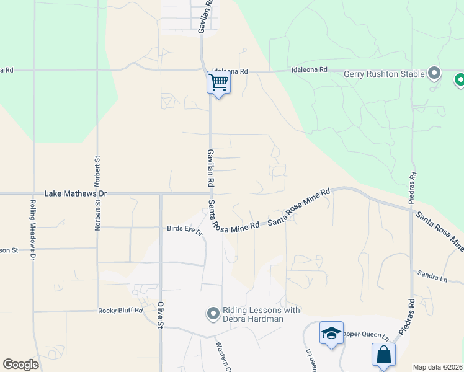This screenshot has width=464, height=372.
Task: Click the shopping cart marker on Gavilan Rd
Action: tap(218, 82)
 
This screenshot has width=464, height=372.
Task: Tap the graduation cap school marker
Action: tap(331, 334)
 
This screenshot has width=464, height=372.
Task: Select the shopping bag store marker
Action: tap(383, 356)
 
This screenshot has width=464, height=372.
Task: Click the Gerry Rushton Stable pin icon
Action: tap(435, 74)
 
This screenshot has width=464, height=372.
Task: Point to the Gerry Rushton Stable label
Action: tap(385, 74)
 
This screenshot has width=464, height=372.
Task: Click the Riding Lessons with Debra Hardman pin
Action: tap(213, 314)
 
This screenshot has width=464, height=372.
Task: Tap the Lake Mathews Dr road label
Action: tap(76, 194)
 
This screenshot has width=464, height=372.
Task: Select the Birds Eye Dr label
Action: tap(185, 229)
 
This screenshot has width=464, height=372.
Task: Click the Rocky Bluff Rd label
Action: tap(120, 311)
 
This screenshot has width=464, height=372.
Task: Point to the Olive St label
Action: tap(160, 314)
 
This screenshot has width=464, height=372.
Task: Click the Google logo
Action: tap(20, 365)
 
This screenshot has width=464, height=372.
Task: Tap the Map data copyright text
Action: tap(437, 367)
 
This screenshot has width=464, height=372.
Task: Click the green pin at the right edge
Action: tap(460, 80)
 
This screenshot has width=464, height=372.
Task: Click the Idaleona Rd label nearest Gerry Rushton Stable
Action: tap(309, 71)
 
